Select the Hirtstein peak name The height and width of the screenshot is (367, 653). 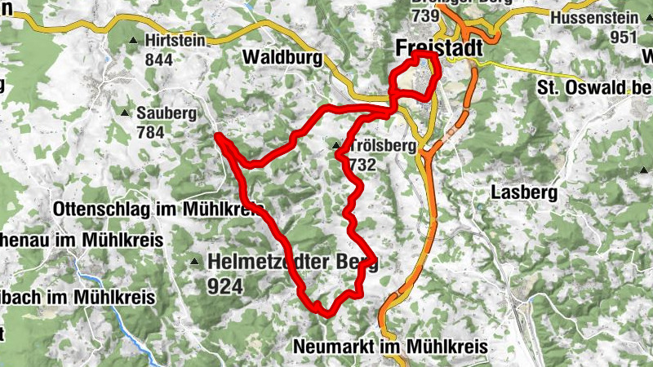(x=174, y=40)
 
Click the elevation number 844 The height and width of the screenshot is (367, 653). (x=159, y=60)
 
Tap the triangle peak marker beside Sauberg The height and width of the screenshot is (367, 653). (x=125, y=113)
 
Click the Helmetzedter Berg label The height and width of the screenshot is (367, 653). (x=292, y=263)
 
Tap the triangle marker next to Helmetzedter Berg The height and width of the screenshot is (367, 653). (x=194, y=262)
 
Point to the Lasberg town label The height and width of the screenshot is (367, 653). (x=524, y=192)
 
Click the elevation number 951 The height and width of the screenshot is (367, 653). (x=623, y=37)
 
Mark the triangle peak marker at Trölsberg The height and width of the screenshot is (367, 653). (x=336, y=147)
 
